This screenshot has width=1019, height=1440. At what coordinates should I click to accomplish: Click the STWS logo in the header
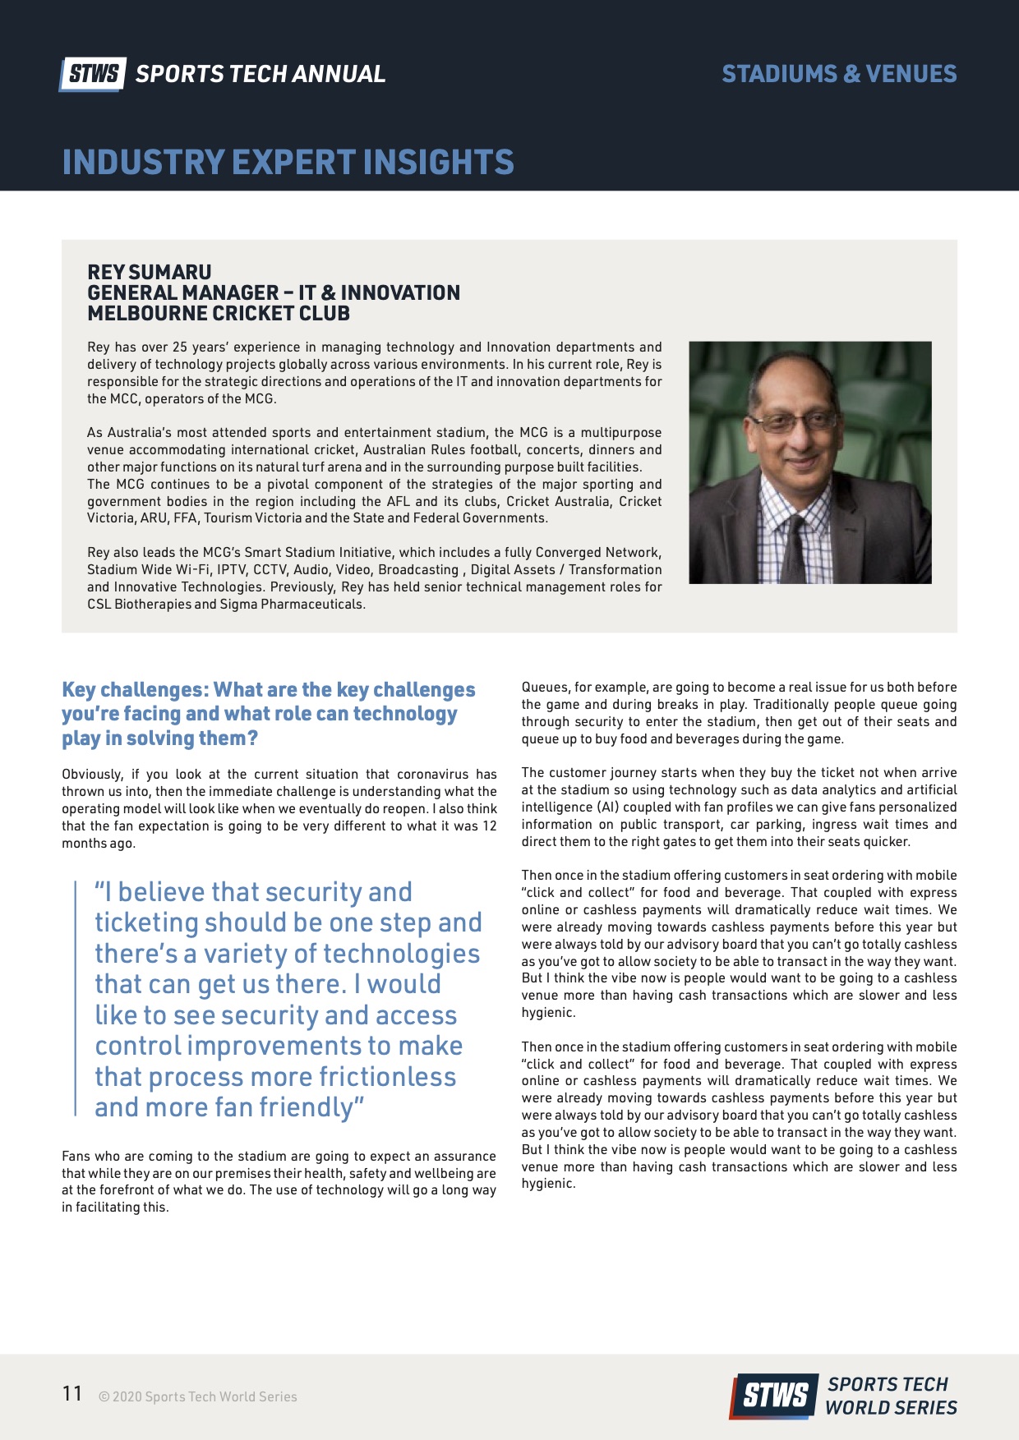92,74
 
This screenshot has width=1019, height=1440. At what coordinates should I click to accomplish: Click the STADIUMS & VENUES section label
839,74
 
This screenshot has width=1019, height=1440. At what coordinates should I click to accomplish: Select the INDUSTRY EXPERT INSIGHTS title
288,162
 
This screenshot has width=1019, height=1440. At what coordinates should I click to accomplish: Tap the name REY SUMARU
150,272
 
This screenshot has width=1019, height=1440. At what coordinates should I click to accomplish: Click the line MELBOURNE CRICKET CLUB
219,313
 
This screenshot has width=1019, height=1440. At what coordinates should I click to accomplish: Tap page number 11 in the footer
72,1394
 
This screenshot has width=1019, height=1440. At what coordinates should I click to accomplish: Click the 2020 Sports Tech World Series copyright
197,1396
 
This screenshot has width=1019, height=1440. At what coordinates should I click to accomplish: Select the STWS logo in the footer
775,1396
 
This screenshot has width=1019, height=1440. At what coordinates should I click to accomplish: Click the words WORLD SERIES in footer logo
891,1407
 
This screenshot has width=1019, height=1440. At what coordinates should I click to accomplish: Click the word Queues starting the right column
545,687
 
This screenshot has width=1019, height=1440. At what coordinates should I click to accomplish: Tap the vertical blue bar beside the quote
76,998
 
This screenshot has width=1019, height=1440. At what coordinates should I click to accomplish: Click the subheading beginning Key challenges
268,713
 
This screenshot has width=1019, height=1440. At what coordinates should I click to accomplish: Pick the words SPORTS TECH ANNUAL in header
260,74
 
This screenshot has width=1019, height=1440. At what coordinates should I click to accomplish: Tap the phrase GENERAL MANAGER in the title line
182,292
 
